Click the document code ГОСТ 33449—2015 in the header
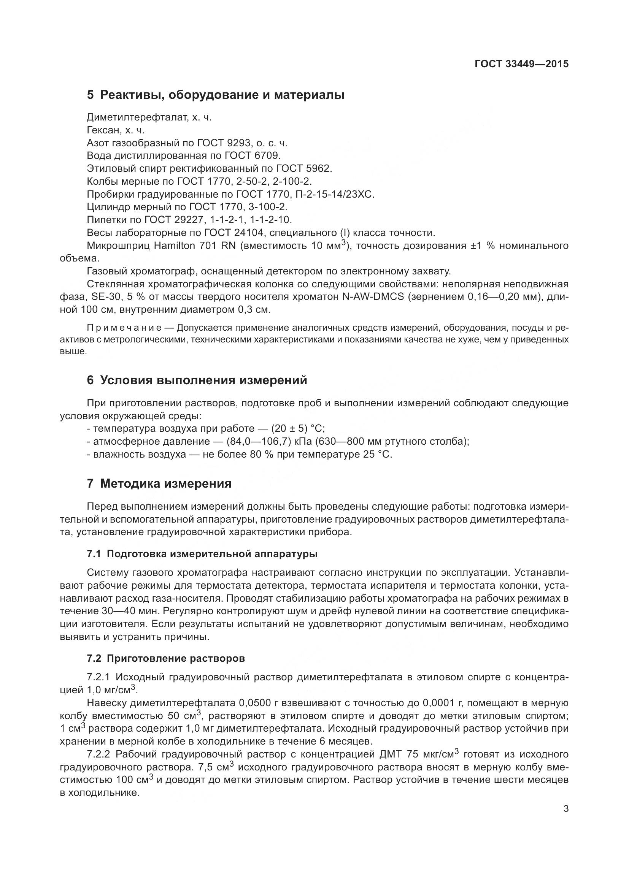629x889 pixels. [521, 64]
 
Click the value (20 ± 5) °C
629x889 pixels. [298, 429]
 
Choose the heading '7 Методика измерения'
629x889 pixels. [159, 483]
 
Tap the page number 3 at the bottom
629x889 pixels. [566, 809]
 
